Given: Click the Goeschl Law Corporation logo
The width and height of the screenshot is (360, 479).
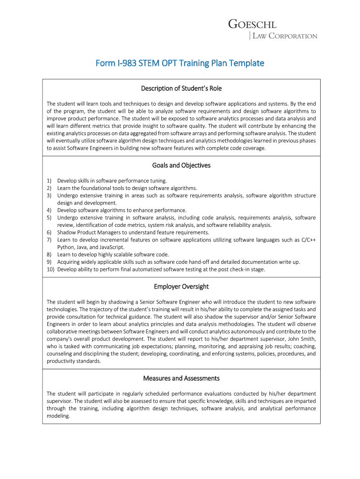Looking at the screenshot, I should pyautogui.click(x=273, y=29).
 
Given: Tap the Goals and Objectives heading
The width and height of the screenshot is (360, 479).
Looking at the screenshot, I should pyautogui.click(x=181, y=165).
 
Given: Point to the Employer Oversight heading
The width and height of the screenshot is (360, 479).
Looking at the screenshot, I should pyautogui.click(x=181, y=286).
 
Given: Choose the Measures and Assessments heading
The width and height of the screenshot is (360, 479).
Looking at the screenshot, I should pyautogui.click(x=181, y=378).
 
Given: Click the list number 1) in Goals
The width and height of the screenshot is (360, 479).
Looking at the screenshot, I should pyautogui.click(x=49, y=181).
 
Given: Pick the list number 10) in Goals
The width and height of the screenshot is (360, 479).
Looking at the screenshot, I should pyautogui.click(x=50, y=269).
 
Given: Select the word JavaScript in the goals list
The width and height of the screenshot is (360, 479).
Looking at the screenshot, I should pyautogui.click(x=110, y=247).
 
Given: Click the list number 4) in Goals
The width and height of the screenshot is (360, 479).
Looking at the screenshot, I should pyautogui.click(x=49, y=210).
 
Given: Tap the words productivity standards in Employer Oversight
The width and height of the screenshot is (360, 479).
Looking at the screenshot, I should pyautogui.click(x=73, y=361).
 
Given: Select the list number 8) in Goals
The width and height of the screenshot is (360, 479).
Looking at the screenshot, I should pyautogui.click(x=49, y=254).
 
